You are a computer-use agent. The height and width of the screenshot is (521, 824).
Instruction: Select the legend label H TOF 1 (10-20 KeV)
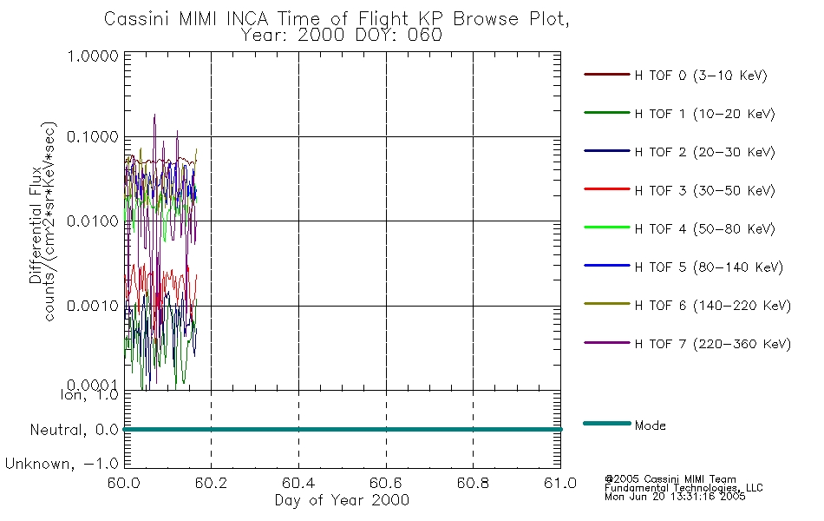704,114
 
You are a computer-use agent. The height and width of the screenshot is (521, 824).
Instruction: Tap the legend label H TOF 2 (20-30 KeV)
704,152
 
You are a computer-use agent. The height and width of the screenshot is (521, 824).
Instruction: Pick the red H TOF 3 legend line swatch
607,189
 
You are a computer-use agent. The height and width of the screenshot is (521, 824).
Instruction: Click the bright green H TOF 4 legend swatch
607,228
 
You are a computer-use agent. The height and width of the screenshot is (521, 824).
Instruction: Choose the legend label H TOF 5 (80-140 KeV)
709,267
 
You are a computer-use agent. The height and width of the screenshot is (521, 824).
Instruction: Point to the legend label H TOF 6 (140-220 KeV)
713,306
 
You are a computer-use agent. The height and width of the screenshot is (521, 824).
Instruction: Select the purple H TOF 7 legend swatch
607,343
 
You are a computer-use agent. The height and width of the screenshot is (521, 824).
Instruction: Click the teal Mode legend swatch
607,423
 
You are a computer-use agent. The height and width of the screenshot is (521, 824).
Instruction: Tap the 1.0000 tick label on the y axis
93,56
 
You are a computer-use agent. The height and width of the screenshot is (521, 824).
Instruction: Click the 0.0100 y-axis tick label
93,221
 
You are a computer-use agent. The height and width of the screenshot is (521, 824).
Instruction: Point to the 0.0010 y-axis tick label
93,306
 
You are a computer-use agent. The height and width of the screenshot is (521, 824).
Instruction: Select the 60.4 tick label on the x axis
298,483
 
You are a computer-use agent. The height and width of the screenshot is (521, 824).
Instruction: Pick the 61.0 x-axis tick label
560,483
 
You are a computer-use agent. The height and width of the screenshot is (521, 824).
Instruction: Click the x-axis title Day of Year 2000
342,500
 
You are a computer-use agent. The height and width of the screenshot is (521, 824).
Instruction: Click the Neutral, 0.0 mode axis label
74,431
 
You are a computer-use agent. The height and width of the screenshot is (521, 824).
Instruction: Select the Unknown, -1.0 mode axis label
62,465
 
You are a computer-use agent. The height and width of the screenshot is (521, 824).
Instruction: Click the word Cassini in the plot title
138,19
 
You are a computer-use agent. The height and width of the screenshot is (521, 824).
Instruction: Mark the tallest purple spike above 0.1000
154,115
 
